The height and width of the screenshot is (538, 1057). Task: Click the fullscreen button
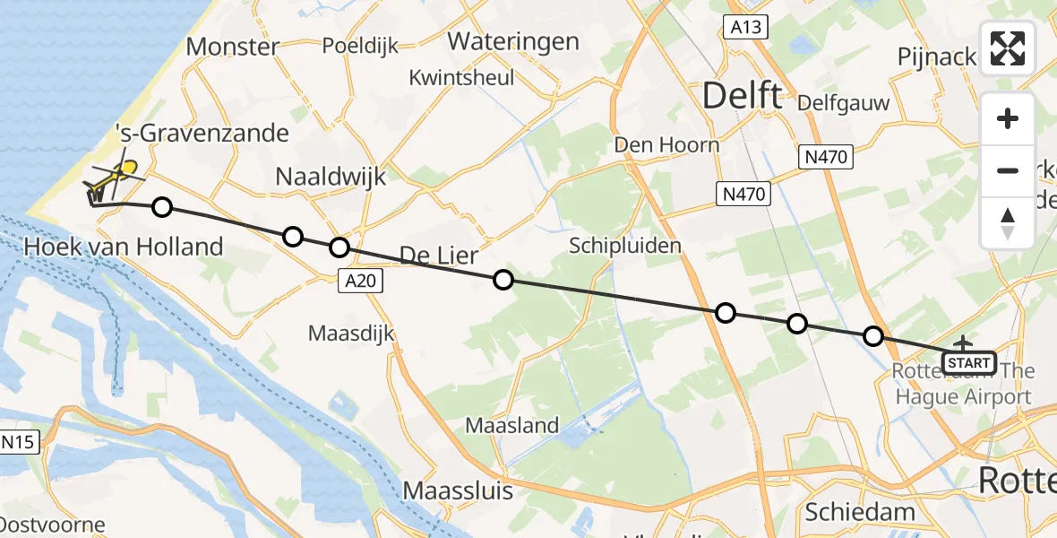point(1008,48)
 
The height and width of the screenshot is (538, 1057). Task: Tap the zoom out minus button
point(1008,170)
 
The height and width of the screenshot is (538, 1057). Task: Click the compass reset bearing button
point(1008,222)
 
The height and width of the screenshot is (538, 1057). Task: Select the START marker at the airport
point(969,363)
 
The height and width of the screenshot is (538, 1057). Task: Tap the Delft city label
point(743,95)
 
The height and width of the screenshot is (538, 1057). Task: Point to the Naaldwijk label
point(331,177)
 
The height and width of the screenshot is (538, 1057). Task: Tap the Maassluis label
point(458,490)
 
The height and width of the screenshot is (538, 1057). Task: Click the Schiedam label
point(860,512)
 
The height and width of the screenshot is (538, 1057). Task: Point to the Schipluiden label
point(625,245)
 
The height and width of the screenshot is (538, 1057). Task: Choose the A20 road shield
point(361,282)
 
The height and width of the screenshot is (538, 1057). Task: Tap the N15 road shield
point(20,441)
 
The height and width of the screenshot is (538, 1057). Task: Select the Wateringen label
point(513,42)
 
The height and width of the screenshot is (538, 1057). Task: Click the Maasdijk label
point(351,334)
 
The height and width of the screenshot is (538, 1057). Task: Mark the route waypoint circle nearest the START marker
point(873,336)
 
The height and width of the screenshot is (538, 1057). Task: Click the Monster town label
point(232,47)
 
